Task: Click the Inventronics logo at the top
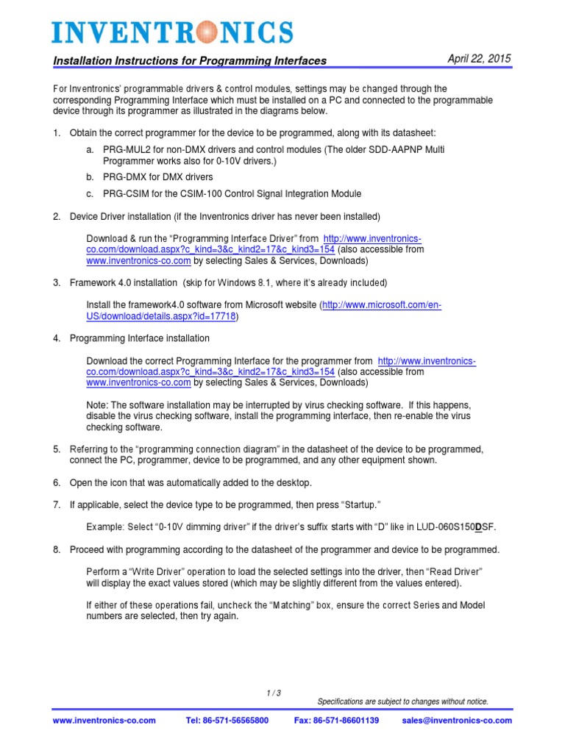172,32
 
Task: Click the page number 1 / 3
274,693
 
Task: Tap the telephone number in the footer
227,721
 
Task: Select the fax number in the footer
336,721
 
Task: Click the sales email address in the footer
456,721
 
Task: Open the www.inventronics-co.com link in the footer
104,721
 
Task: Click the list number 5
57,449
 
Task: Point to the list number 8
57,549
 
